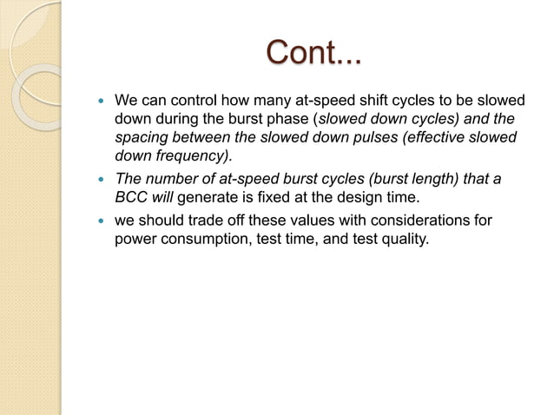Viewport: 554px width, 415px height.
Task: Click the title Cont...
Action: [315, 53]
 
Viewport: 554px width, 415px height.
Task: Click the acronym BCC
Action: [134, 197]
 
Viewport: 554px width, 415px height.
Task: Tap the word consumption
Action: [199, 239]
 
